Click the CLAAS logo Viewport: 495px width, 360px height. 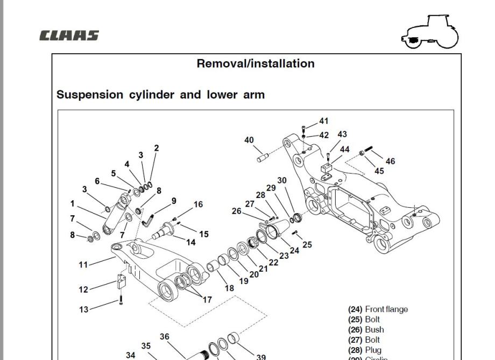tap(69, 36)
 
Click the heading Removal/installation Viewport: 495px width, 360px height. tap(256, 63)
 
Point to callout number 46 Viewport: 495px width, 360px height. tap(390, 161)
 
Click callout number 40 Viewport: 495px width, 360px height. tap(249, 140)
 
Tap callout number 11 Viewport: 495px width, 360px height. tap(83, 265)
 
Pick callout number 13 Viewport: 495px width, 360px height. tap(83, 309)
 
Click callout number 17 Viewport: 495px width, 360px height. tap(207, 300)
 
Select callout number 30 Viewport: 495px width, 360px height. tap(282, 181)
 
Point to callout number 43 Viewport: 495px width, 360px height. tap(342, 134)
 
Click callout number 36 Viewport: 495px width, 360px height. tap(164, 337)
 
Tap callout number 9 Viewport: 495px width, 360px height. tap(174, 201)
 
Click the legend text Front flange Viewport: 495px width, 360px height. tap(386, 309)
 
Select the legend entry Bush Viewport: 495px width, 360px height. tap(374, 330)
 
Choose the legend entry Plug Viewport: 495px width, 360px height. tap(373, 350)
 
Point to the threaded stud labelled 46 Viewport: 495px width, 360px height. tap(370, 149)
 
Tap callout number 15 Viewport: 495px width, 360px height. tap(204, 234)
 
